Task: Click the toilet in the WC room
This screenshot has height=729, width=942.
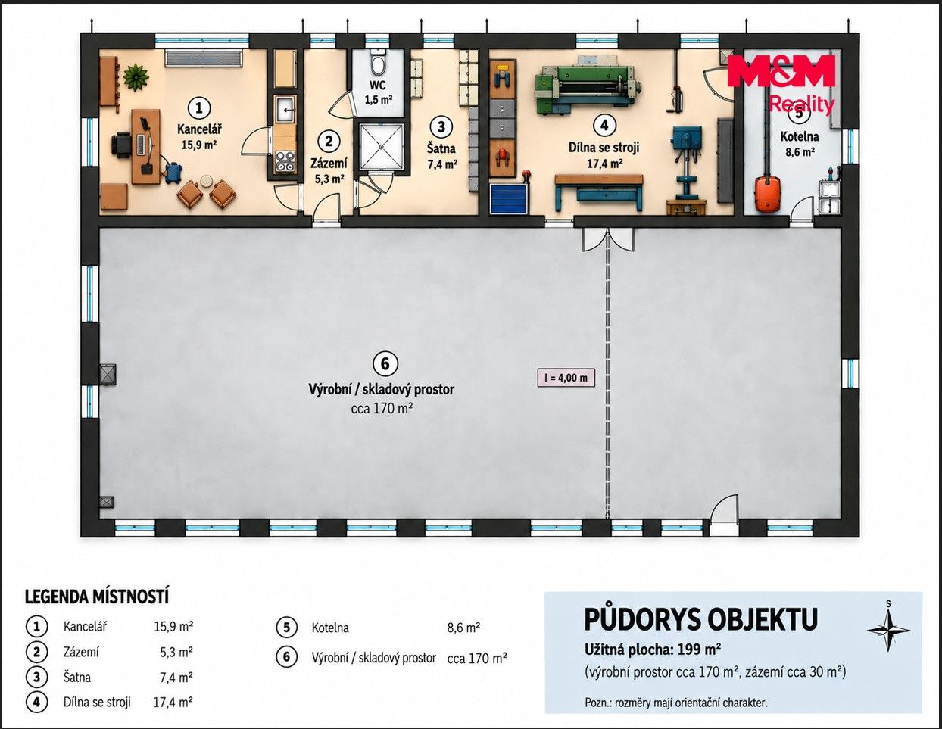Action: (x=378, y=64)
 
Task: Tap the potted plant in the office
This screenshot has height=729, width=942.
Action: (x=136, y=77)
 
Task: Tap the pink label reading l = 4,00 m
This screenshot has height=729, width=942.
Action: (x=566, y=378)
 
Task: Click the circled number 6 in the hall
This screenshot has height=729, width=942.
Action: (x=385, y=364)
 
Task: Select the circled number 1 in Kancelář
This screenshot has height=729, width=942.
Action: (x=199, y=107)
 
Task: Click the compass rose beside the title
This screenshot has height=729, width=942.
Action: (x=888, y=631)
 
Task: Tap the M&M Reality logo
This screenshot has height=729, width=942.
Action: (x=782, y=85)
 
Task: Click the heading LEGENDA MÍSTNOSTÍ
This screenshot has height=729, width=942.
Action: (x=97, y=597)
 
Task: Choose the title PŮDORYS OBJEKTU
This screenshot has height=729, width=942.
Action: (x=701, y=619)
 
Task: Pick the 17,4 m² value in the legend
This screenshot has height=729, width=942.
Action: (x=173, y=703)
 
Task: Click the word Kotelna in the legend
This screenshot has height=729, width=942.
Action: (x=330, y=628)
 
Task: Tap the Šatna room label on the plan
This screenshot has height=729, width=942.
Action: (x=441, y=148)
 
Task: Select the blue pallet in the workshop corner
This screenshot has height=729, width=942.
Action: (x=510, y=198)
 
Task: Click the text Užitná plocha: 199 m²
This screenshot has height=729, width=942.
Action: (x=653, y=650)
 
